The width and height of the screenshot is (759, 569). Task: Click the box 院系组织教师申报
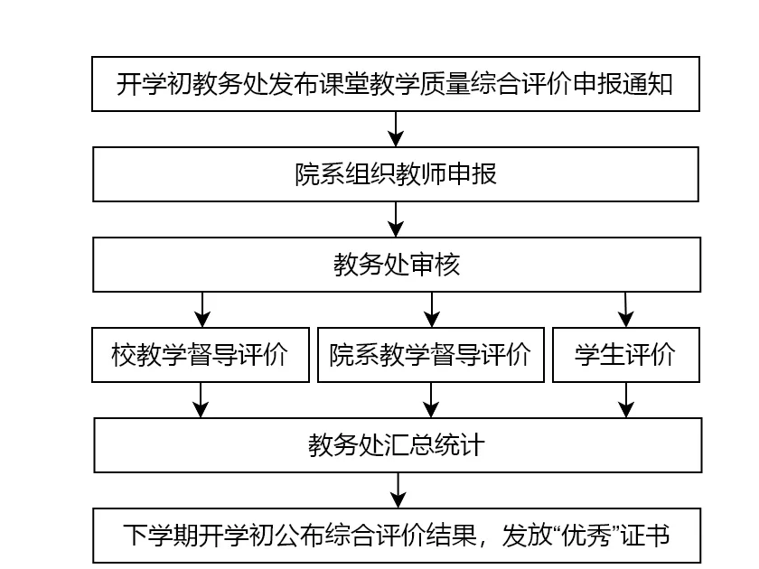pyautogui.click(x=396, y=174)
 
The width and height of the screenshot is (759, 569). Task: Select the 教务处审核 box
pyautogui.click(x=397, y=264)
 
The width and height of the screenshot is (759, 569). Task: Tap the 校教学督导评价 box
pyautogui.click(x=201, y=355)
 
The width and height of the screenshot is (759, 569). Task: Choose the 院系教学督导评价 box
pyautogui.click(x=431, y=355)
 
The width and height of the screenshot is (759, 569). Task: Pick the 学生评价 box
pyautogui.click(x=626, y=355)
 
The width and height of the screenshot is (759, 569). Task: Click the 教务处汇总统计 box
pyautogui.click(x=398, y=445)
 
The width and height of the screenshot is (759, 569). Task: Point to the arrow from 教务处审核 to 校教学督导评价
pyautogui.click(x=202, y=310)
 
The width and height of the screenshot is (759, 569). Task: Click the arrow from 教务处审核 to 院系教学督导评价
pyautogui.click(x=432, y=310)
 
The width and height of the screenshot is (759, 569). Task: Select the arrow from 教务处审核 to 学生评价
pyautogui.click(x=626, y=310)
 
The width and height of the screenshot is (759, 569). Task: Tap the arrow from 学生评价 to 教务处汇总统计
pyautogui.click(x=626, y=400)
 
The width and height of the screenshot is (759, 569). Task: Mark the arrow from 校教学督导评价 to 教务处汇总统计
pyautogui.click(x=201, y=400)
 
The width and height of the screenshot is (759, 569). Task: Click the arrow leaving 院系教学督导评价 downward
pyautogui.click(x=431, y=400)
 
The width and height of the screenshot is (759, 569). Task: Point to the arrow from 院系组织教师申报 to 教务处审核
pyautogui.click(x=396, y=219)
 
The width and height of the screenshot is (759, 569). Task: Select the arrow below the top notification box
pyautogui.click(x=396, y=129)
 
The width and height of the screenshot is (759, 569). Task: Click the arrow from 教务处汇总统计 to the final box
pyautogui.click(x=398, y=490)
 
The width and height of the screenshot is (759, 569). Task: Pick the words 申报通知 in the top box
pyautogui.click(x=623, y=84)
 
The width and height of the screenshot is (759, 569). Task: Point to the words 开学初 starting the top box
pyautogui.click(x=155, y=84)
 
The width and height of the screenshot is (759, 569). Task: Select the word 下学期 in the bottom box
pyautogui.click(x=161, y=536)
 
